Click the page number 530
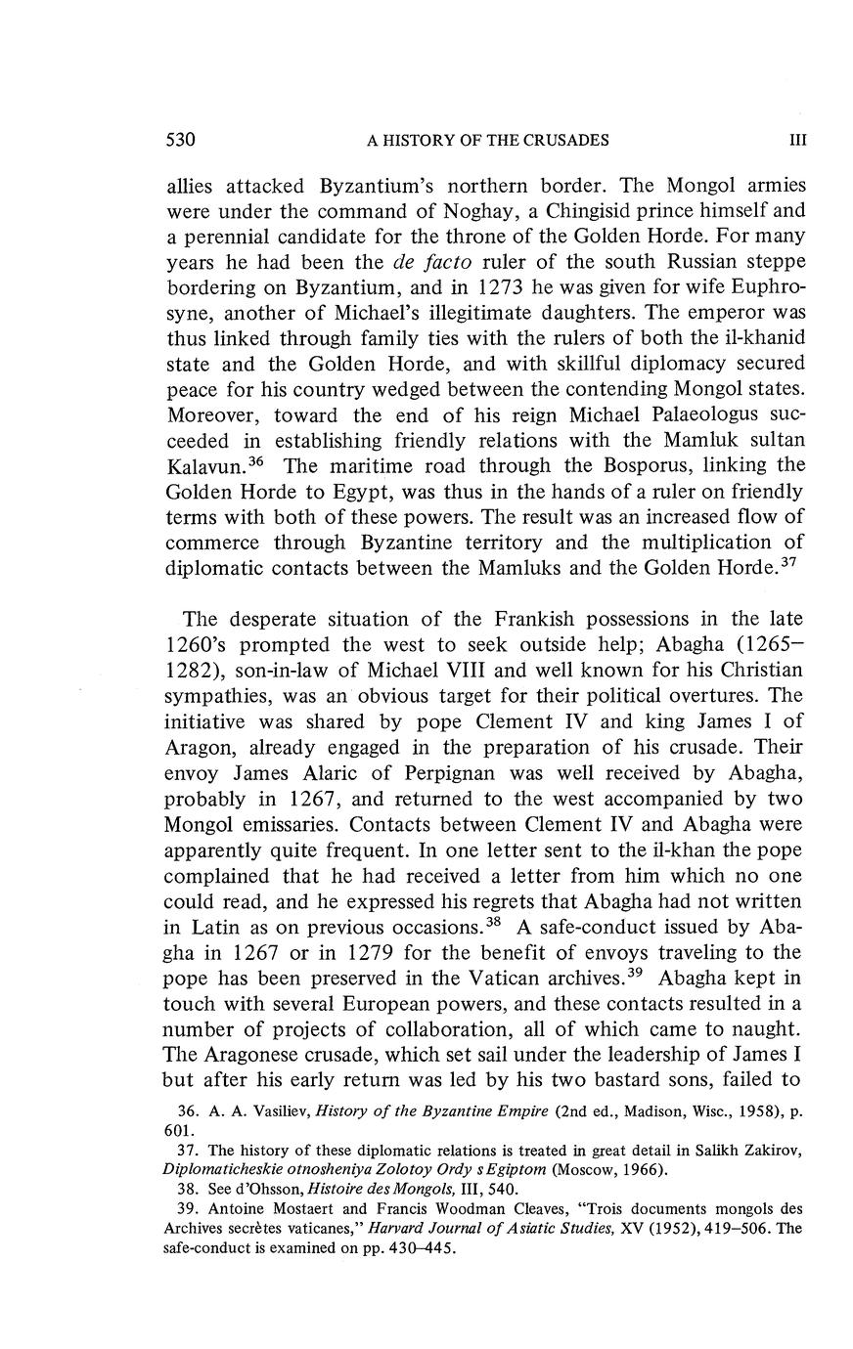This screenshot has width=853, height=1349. point(182,140)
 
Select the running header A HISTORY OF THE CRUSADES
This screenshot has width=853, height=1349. point(487,141)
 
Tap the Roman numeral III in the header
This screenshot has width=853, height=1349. point(797,141)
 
